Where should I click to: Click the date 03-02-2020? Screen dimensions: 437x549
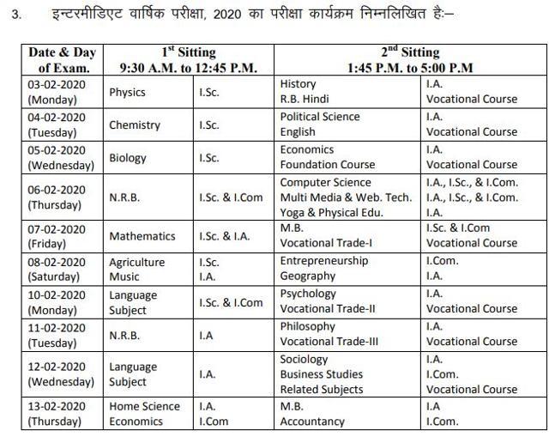click(56, 84)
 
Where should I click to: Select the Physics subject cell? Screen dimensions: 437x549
click(127, 92)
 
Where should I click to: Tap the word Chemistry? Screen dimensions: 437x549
click(135, 124)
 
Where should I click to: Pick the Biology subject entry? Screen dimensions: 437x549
click(128, 158)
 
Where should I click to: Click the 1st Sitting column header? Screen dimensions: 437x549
click(188, 52)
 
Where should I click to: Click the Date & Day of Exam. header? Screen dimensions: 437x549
click(60, 59)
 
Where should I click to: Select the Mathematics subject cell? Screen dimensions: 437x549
click(142, 236)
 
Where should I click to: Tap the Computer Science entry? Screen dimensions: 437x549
click(325, 182)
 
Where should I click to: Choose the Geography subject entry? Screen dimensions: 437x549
click(308, 276)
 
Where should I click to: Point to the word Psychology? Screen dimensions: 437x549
click(308, 294)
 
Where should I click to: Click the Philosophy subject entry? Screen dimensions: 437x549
click(308, 326)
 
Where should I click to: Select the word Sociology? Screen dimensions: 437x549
click(305, 359)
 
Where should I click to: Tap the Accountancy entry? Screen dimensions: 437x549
click(312, 422)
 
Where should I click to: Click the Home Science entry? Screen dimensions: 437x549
click(144, 406)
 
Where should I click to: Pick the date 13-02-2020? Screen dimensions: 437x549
click(56, 406)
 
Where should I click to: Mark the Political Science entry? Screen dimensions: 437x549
click(320, 117)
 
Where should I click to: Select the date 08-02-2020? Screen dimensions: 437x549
click(56, 261)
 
